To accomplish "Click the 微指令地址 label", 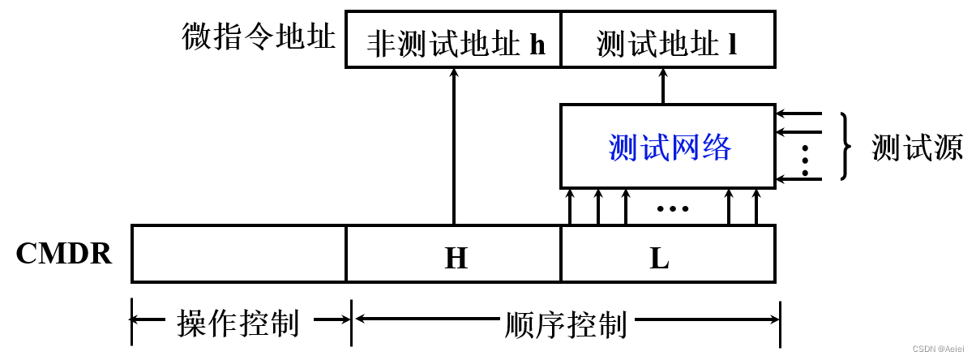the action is pyautogui.click(x=259, y=37).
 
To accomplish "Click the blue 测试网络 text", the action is pyautogui.click(x=670, y=148).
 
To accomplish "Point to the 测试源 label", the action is pyautogui.click(x=917, y=148).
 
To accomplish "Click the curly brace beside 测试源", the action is pyautogui.click(x=846, y=146).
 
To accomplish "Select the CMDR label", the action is pyautogui.click(x=64, y=255).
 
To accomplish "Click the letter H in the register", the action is pyautogui.click(x=456, y=259).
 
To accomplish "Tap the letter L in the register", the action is pyautogui.click(x=660, y=259).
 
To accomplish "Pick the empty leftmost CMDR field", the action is pyautogui.click(x=238, y=254).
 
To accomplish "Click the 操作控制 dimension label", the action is pyautogui.click(x=238, y=324).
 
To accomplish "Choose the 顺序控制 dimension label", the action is pyautogui.click(x=565, y=324).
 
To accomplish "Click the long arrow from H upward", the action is pyautogui.click(x=454, y=146).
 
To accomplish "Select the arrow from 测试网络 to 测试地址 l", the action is pyautogui.click(x=663, y=86).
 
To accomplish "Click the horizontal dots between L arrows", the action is pyautogui.click(x=673, y=209).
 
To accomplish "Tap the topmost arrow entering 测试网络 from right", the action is pyautogui.click(x=799, y=114).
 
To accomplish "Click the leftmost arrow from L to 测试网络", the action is pyautogui.click(x=570, y=207).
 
